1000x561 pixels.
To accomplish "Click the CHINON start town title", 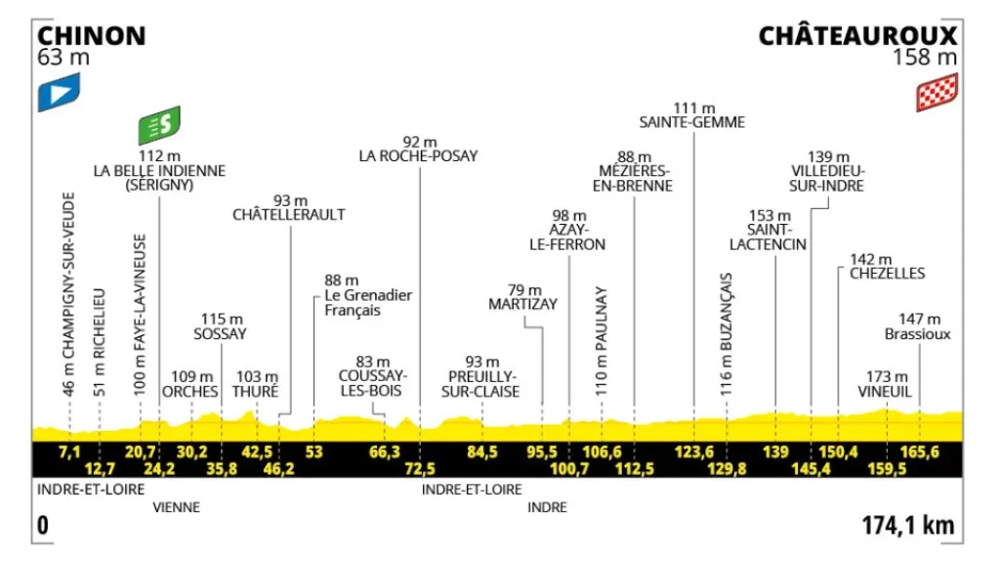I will pyautogui.click(x=91, y=36).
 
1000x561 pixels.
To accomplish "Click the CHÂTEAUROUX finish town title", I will pyautogui.click(x=857, y=36).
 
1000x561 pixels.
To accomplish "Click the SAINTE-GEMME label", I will pyautogui.click(x=692, y=122).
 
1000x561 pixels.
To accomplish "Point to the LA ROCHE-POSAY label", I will pyautogui.click(x=419, y=154).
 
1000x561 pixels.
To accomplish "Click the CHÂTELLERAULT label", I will pyautogui.click(x=289, y=214).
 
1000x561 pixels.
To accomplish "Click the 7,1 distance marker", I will pyautogui.click(x=68, y=452).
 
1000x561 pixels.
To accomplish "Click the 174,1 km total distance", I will pyautogui.click(x=907, y=526).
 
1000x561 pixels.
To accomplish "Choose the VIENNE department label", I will pyautogui.click(x=176, y=507).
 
